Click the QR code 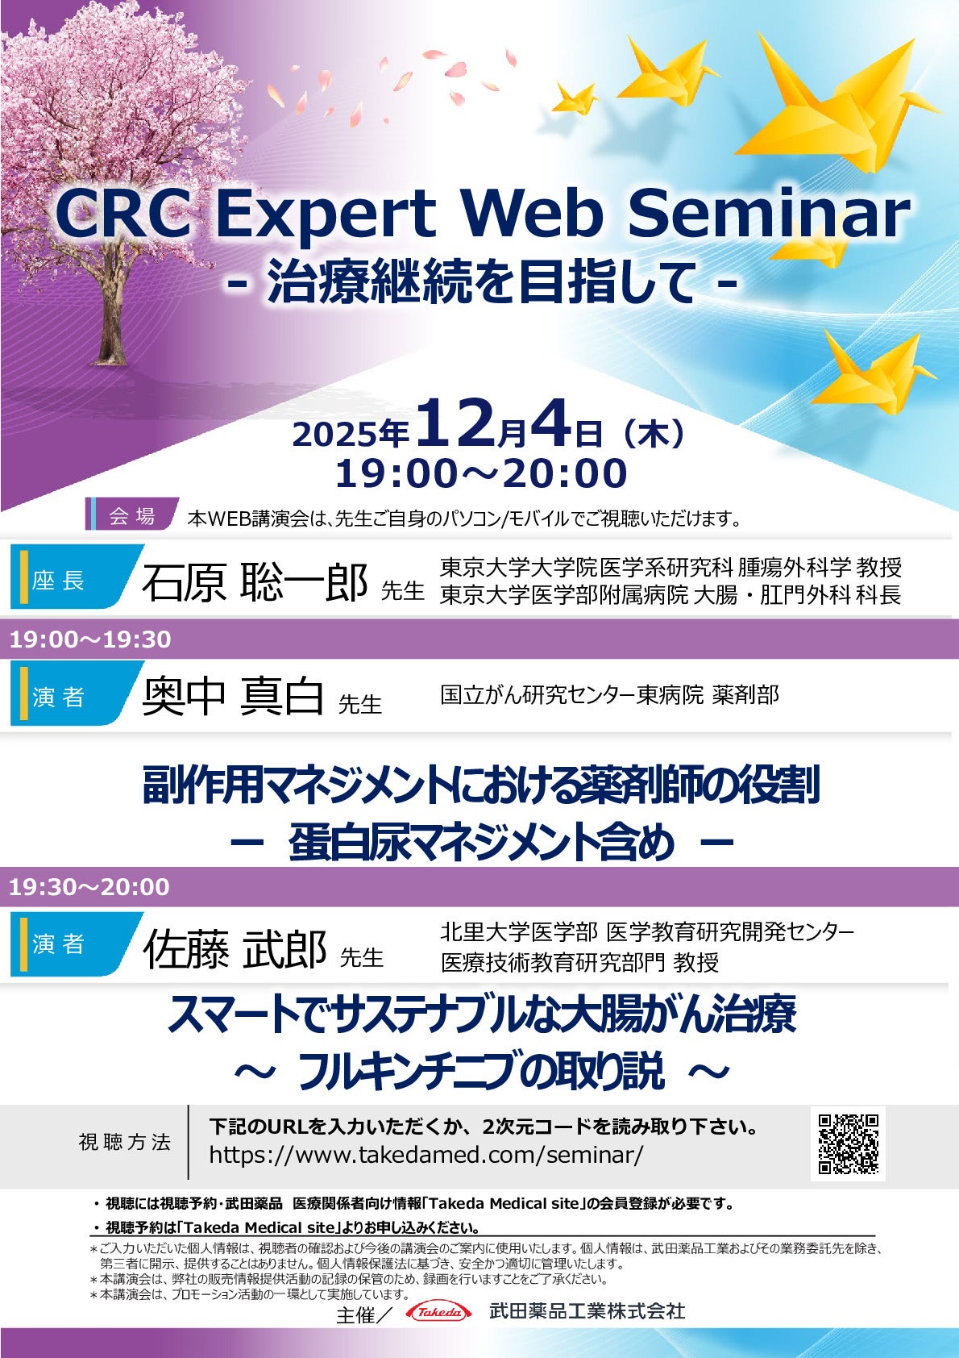coord(848,1143)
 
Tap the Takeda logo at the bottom coord(439,1312)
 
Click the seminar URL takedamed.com coord(426,1155)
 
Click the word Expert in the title coord(326,214)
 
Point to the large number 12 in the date coord(454,425)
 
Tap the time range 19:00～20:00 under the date coord(481,473)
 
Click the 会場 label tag coord(132,516)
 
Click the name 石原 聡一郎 coord(255,582)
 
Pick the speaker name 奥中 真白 coord(233,697)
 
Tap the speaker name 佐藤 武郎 coord(235,949)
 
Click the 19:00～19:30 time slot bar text coord(90,639)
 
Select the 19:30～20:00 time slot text coord(89,887)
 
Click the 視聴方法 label coord(125,1142)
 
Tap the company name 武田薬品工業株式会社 coord(587,1311)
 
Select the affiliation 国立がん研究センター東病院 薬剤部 coord(609,695)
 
